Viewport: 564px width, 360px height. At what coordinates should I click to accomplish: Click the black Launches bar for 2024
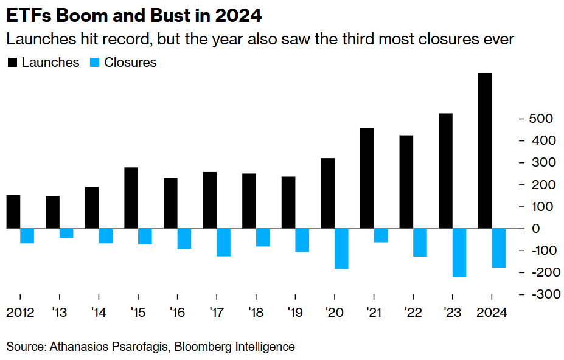click(x=484, y=151)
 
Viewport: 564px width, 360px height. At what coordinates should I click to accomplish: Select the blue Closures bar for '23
click(x=459, y=253)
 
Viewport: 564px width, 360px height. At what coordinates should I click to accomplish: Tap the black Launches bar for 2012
click(x=13, y=212)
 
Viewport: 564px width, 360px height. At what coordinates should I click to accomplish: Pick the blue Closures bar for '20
click(x=341, y=249)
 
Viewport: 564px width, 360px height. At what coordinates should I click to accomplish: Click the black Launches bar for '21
click(x=367, y=178)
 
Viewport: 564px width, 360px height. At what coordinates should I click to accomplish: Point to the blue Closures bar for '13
click(x=66, y=234)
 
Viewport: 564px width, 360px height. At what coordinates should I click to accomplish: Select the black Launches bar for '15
click(x=131, y=198)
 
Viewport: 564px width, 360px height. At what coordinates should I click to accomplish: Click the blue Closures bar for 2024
click(x=498, y=248)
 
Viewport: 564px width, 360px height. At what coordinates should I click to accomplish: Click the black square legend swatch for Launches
click(x=12, y=63)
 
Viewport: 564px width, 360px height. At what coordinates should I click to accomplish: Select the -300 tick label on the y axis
click(x=542, y=294)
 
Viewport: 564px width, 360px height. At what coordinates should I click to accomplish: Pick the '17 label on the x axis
click(x=217, y=313)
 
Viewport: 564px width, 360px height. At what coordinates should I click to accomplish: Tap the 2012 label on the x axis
click(x=20, y=313)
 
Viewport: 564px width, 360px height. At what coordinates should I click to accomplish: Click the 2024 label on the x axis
click(x=491, y=313)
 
